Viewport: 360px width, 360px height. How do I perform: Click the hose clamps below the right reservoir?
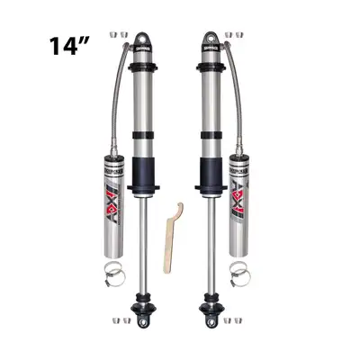(x=240, y=267)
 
